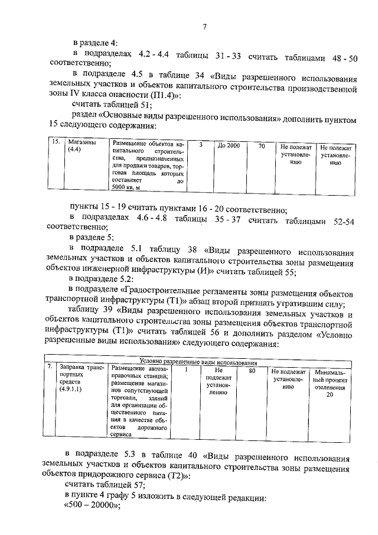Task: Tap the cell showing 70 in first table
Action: [x=261, y=145]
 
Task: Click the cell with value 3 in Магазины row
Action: [x=200, y=145]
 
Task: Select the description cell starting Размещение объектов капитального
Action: [x=148, y=166]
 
